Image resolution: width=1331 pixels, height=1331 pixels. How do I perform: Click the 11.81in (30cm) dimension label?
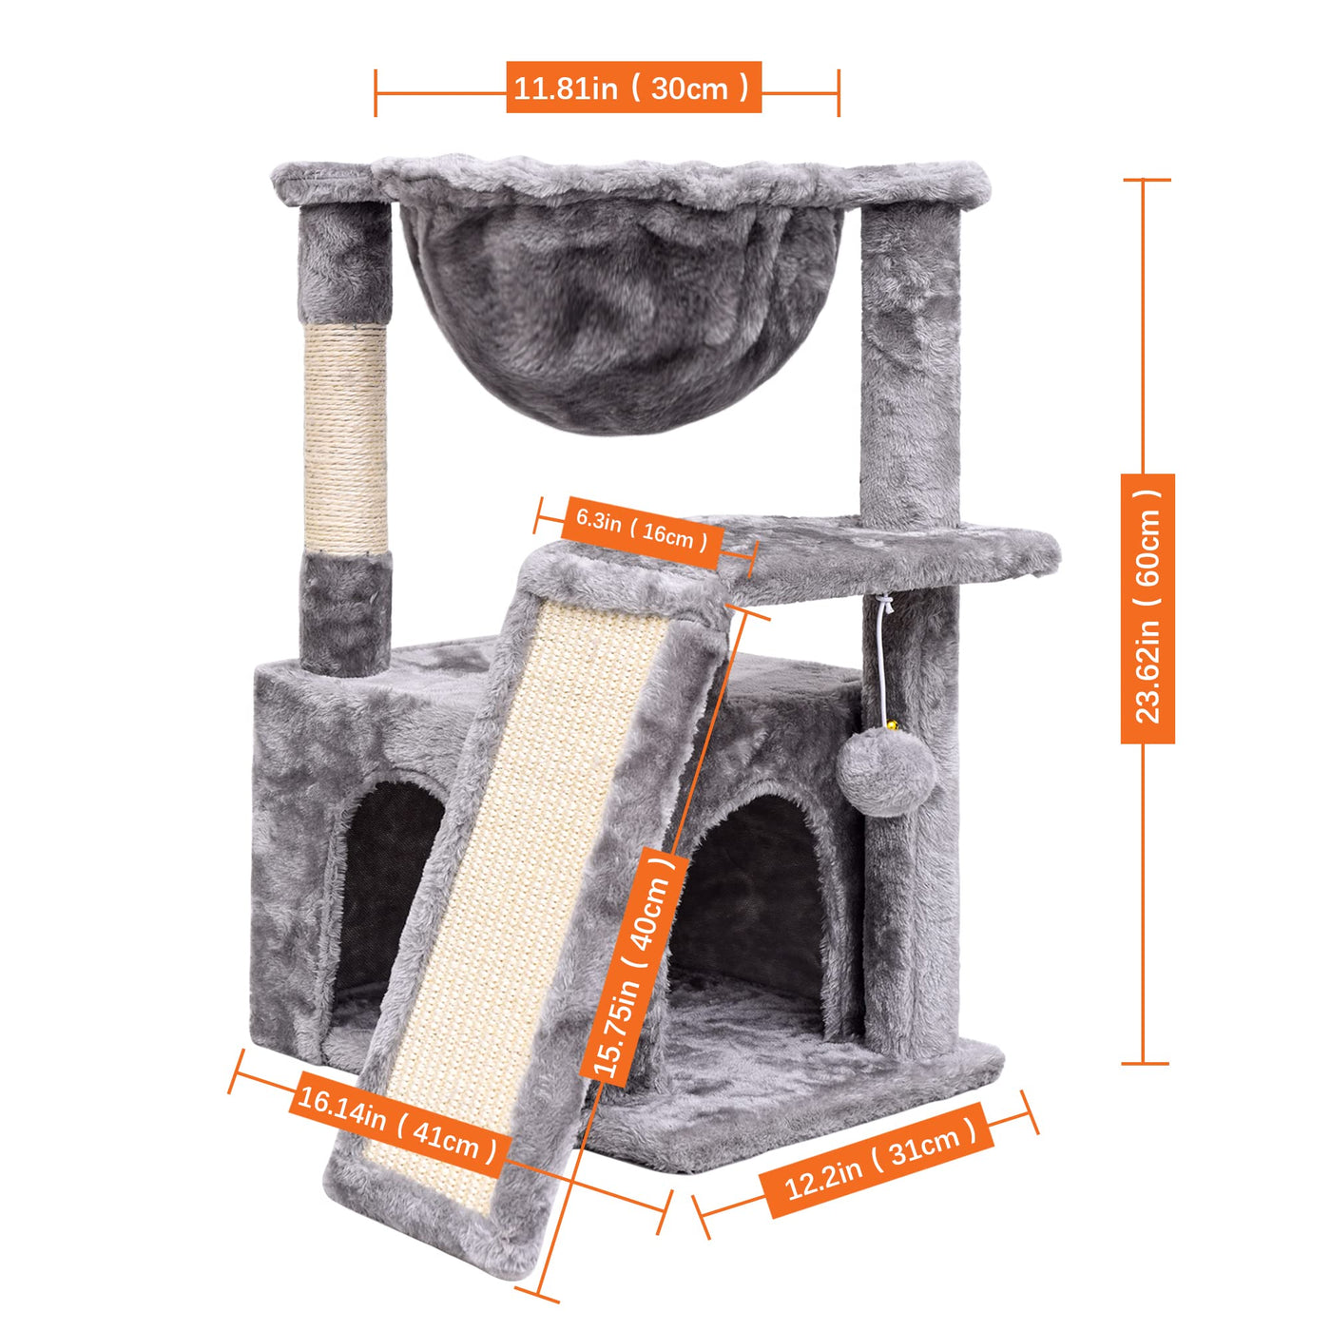[x=633, y=87]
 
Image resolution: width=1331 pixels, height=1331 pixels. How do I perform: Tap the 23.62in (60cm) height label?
[x=1148, y=608]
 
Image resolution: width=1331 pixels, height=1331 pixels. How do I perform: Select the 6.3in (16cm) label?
[x=642, y=531]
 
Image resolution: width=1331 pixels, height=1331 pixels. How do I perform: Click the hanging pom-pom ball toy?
[x=886, y=774]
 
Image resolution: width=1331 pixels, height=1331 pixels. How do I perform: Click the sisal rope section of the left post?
[x=345, y=439]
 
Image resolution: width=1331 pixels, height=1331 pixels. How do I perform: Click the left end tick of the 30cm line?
[x=376, y=92]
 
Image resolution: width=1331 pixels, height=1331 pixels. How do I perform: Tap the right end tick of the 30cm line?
[x=839, y=92]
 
